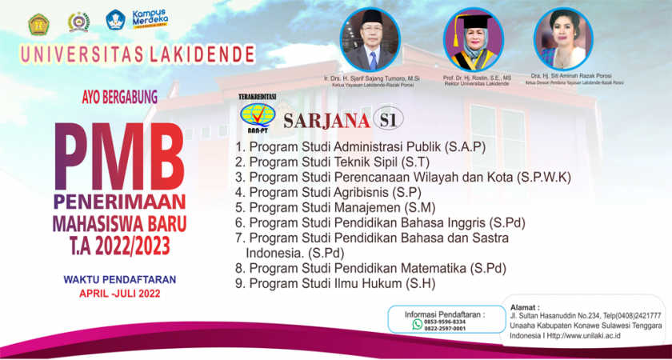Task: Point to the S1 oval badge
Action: coord(388,119)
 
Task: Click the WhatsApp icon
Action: coord(417,325)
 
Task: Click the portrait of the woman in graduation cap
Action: coord(473,38)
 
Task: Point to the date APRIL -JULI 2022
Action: coord(120,294)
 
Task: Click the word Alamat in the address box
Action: coord(525,306)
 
